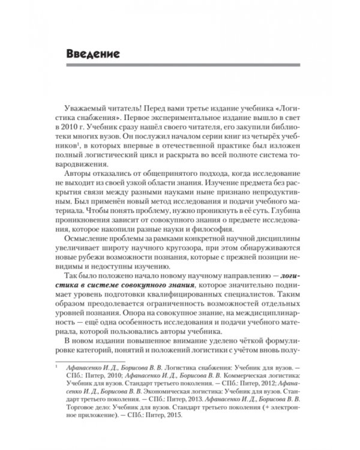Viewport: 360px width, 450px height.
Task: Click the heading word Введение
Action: [92, 54]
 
